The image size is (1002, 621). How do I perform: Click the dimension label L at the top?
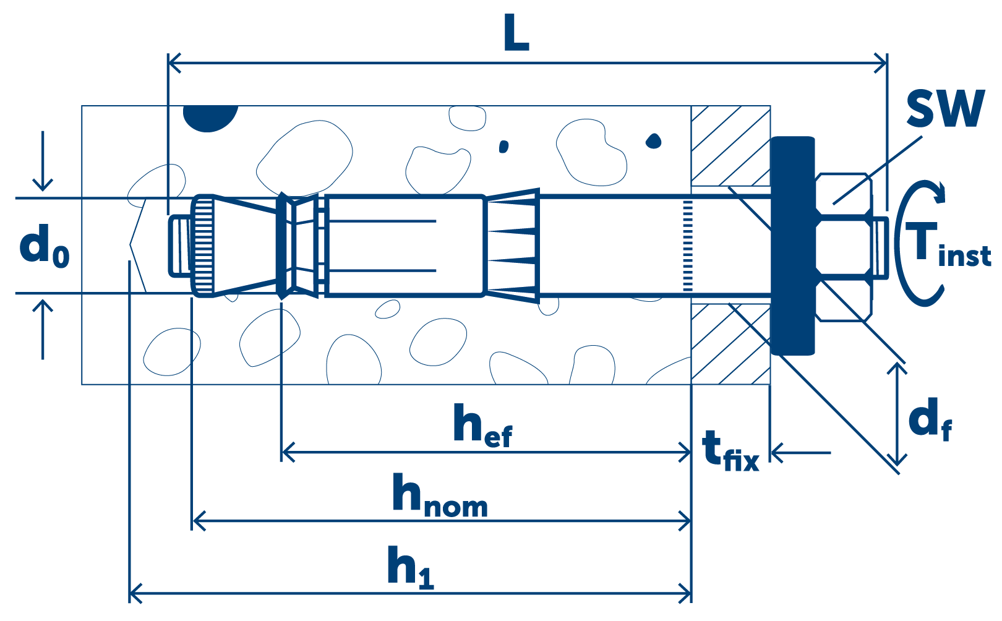tap(516, 32)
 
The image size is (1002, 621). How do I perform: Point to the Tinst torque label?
tap(948, 244)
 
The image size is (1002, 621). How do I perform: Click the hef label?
tap(482, 424)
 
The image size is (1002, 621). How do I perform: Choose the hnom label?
tap(440, 495)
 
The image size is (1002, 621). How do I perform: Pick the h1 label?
tap(410, 567)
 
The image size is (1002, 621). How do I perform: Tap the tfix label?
tap(730, 451)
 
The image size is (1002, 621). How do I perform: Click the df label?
tap(930, 419)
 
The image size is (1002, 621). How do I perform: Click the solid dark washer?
tap(793, 246)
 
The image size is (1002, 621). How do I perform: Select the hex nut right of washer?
tap(844, 247)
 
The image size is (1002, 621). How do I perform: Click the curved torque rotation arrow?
tap(919, 244)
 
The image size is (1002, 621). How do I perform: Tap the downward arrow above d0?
tap(43, 161)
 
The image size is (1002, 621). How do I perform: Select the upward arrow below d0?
tap(43, 330)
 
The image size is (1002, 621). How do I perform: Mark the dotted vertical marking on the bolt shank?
tap(688, 246)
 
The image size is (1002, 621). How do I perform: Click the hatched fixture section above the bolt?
tap(730, 146)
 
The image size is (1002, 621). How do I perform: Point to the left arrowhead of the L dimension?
tap(174, 63)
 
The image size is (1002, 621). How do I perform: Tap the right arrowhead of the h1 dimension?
tap(685, 593)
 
